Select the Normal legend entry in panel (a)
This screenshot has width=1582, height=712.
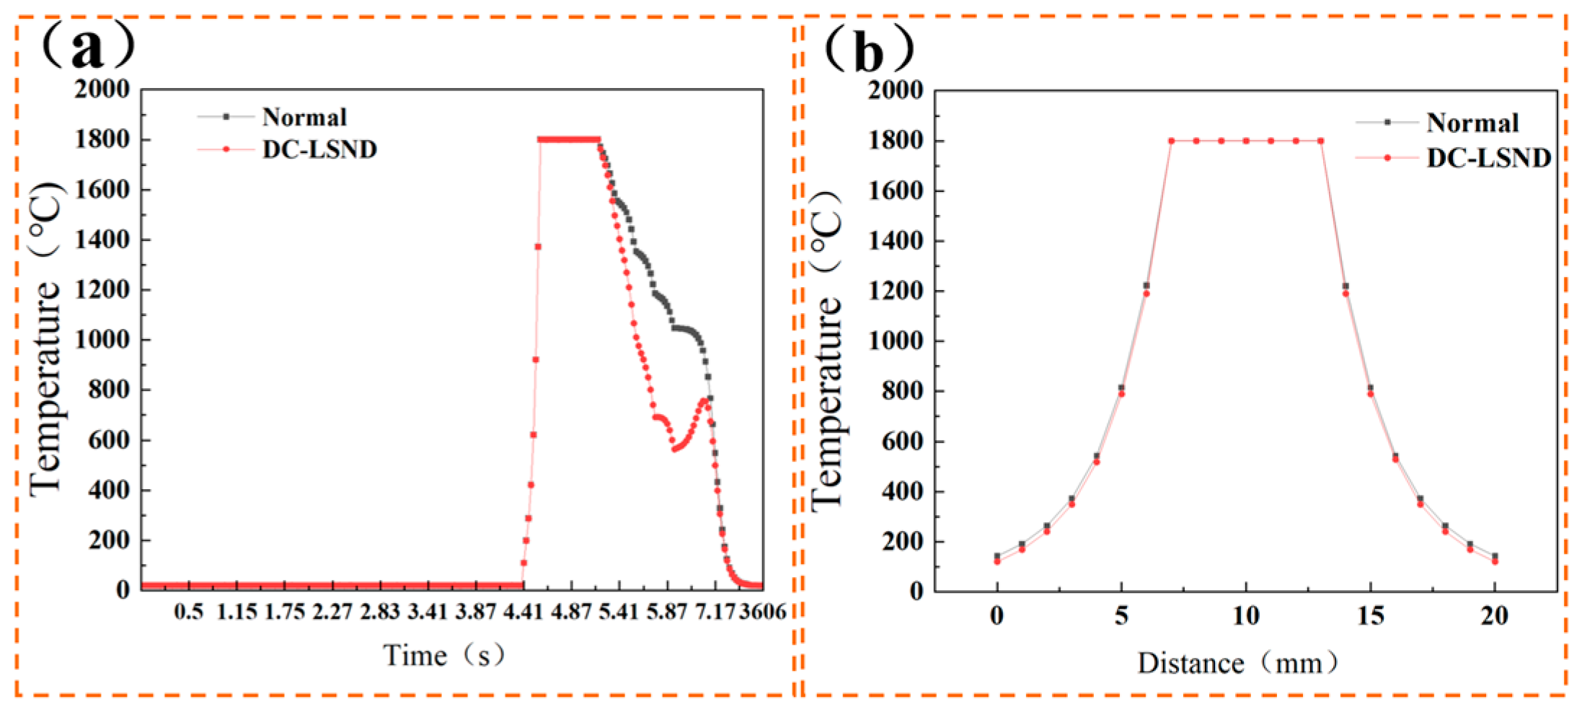[x=304, y=117]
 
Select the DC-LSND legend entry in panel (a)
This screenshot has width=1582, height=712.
[x=319, y=149]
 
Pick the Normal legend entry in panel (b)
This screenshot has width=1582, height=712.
[x=1472, y=123]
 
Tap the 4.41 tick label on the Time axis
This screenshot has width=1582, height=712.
[x=523, y=612]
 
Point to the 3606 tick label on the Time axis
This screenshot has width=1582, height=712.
[x=763, y=612]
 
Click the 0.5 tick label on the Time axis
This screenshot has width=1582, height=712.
[x=189, y=612]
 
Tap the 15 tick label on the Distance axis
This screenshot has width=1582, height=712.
[x=1370, y=615]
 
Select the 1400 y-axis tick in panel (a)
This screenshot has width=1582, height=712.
[x=102, y=239]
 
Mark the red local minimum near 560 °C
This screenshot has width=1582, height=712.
[x=674, y=449]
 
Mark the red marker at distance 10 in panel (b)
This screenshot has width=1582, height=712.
[x=1246, y=141]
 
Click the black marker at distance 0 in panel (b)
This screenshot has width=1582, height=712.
[x=997, y=556]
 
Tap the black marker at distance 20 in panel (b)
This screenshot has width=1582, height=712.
[x=1495, y=556]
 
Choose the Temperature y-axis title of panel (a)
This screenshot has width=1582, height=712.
[x=45, y=339]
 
